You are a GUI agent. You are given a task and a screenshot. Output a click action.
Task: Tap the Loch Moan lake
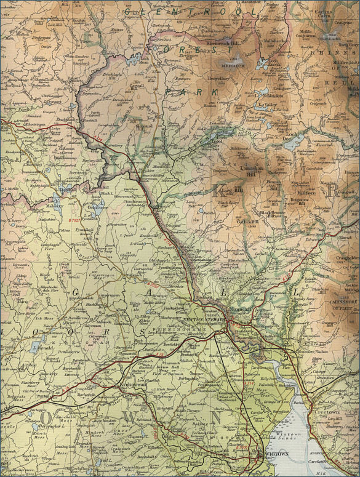coord(134,60)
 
